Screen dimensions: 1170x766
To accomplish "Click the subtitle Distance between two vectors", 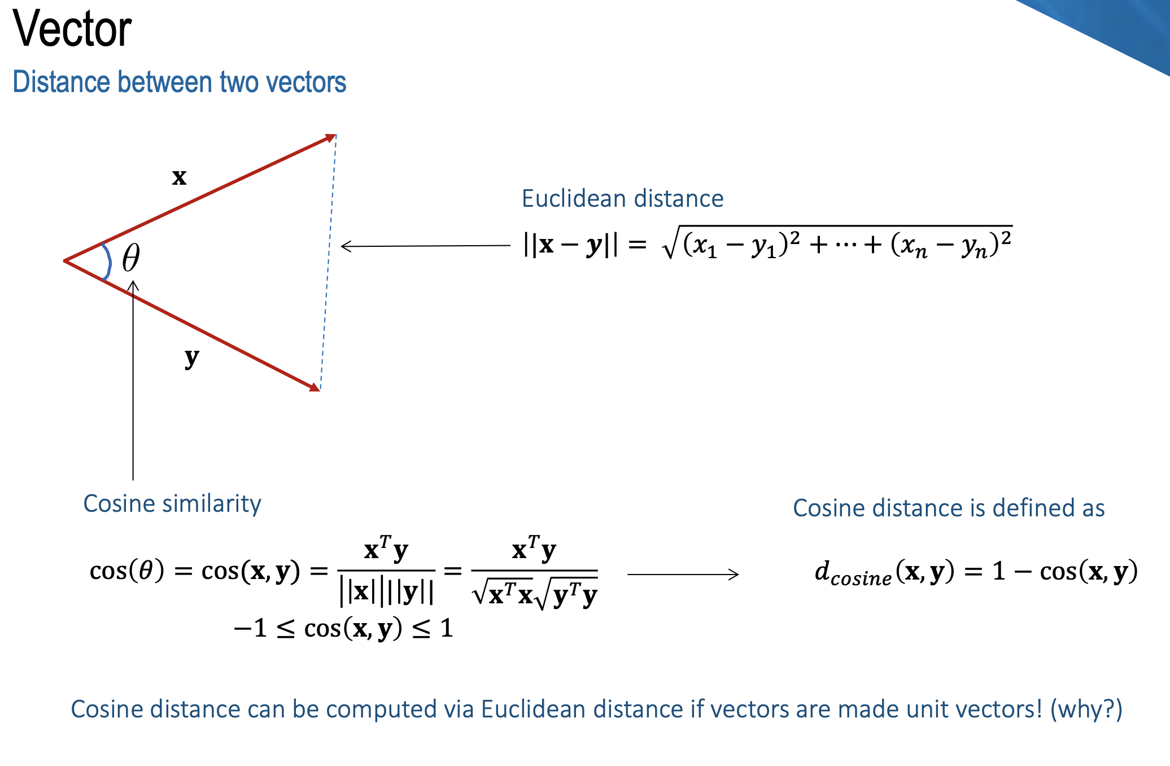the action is pyautogui.click(x=179, y=82).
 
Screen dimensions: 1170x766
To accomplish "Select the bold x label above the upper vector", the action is pyautogui.click(x=180, y=177).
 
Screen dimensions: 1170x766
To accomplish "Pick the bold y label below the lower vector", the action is pyautogui.click(x=192, y=358).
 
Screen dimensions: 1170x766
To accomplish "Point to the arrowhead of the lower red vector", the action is pyautogui.click(x=314, y=386).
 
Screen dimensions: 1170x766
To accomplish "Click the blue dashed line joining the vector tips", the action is pyautogui.click(x=328, y=263).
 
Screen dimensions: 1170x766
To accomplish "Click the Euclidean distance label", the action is pyautogui.click(x=622, y=199).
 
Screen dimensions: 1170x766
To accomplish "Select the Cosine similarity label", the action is pyautogui.click(x=172, y=504).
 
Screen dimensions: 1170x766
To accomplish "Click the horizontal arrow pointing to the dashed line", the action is pyautogui.click(x=426, y=246).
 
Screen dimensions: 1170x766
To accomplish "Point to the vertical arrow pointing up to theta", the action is pyautogui.click(x=133, y=380).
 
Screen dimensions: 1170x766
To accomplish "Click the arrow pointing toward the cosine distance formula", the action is pyautogui.click(x=683, y=574).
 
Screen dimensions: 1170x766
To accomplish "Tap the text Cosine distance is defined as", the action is pyautogui.click(x=949, y=508).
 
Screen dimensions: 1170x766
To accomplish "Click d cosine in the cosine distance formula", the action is pyautogui.click(x=853, y=573).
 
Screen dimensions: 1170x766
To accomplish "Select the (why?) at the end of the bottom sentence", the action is pyautogui.click(x=1086, y=710).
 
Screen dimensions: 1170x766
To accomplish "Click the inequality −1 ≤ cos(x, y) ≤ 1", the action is pyautogui.click(x=343, y=628).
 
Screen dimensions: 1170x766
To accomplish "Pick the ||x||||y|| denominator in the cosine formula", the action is pyautogui.click(x=387, y=591).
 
